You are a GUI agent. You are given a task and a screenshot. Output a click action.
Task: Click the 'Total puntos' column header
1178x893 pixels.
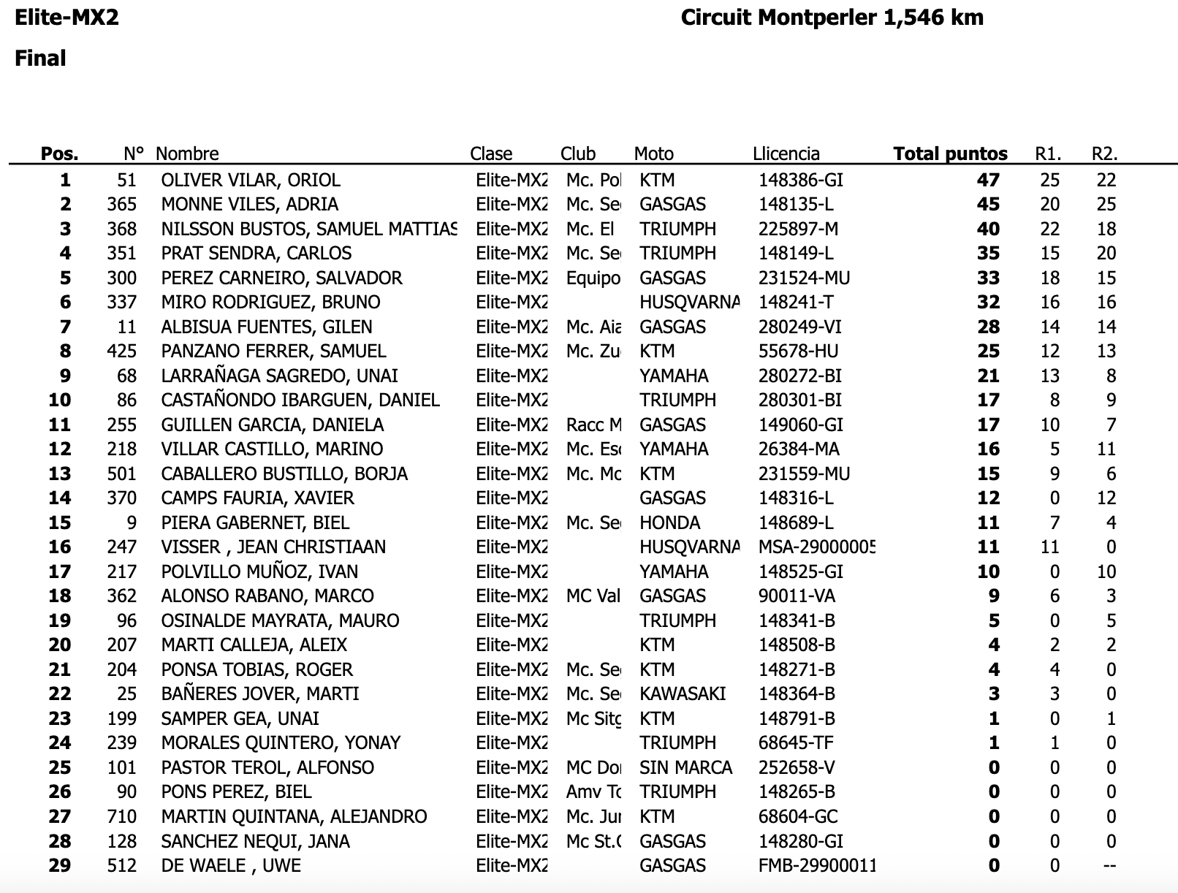(x=950, y=153)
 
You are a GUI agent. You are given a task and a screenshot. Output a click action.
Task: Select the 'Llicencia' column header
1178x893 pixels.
(x=786, y=153)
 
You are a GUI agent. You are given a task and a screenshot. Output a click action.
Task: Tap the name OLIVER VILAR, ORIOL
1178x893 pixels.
(x=251, y=180)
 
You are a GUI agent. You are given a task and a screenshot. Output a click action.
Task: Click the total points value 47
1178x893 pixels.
(x=988, y=180)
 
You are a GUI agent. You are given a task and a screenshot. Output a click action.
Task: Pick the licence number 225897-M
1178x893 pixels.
(x=798, y=229)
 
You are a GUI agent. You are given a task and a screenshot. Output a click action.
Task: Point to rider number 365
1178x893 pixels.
(x=121, y=204)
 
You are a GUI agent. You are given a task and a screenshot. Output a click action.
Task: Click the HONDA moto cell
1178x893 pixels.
(x=669, y=522)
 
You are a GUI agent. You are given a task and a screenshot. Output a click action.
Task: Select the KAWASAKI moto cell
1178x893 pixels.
(x=683, y=693)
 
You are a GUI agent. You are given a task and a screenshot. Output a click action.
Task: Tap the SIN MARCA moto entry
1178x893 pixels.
(x=685, y=767)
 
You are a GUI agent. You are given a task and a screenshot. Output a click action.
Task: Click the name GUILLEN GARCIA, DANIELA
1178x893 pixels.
(x=272, y=425)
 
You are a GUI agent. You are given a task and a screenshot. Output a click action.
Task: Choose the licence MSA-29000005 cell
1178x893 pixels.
(x=816, y=547)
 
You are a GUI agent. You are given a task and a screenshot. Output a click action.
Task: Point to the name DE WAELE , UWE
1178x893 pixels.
(x=231, y=865)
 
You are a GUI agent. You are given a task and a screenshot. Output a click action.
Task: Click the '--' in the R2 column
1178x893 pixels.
(x=1109, y=865)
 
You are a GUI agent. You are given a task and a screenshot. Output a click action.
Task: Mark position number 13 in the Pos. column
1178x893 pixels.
(x=59, y=474)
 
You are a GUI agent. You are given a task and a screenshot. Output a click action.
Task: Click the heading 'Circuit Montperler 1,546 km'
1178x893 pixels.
(x=832, y=18)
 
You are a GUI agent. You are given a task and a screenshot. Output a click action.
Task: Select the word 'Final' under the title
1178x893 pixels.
(x=40, y=58)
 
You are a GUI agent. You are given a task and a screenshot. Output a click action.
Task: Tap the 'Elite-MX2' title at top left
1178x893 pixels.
(x=66, y=18)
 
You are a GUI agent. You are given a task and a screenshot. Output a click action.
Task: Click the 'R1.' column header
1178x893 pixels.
(x=1048, y=153)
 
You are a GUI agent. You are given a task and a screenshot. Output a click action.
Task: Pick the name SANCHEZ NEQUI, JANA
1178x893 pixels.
(x=255, y=841)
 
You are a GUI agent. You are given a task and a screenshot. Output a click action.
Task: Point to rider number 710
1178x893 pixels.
(x=121, y=816)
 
